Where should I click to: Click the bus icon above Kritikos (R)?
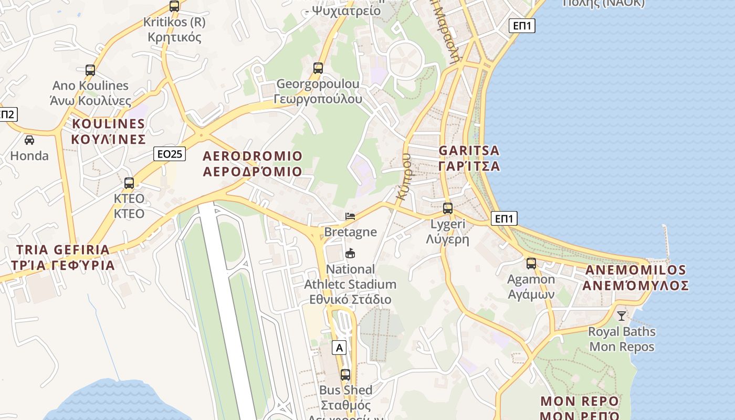click(x=174, y=6)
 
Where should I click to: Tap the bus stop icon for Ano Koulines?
click(x=90, y=70)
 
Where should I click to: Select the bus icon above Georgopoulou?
click(x=318, y=68)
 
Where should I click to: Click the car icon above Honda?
click(x=29, y=140)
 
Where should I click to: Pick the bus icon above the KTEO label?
click(x=129, y=183)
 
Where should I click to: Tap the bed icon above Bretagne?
click(x=350, y=216)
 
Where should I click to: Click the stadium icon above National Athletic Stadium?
click(x=350, y=254)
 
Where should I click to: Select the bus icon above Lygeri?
click(x=448, y=208)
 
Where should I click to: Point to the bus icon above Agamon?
click(x=531, y=264)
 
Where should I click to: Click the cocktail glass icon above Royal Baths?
click(x=622, y=316)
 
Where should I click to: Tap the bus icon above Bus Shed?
click(x=345, y=375)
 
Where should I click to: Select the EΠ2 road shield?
click(x=7, y=114)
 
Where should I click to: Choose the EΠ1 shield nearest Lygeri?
click(x=504, y=218)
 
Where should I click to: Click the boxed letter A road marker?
click(x=340, y=348)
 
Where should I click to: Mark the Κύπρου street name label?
click(x=404, y=176)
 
